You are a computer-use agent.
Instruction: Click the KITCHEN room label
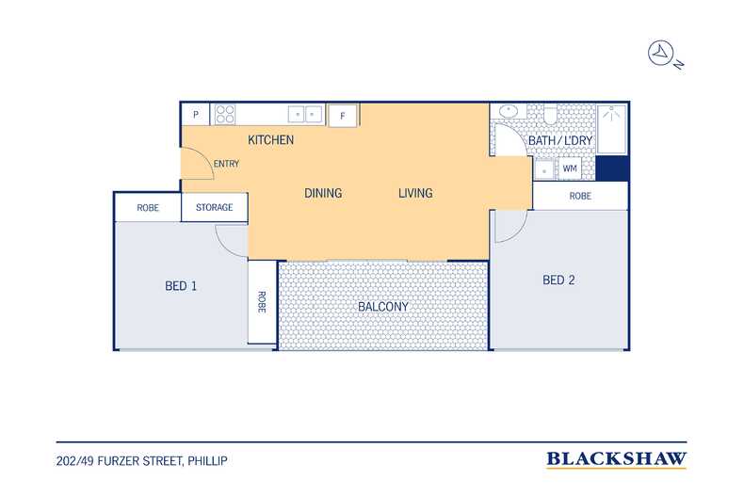pyautogui.click(x=271, y=140)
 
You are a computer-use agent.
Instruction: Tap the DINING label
pyautogui.click(x=323, y=193)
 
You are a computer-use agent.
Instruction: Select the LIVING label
pyautogui.click(x=415, y=193)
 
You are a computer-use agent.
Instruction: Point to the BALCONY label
pyautogui.click(x=383, y=306)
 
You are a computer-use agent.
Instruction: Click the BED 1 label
pyautogui.click(x=181, y=286)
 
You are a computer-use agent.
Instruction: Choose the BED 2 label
pyautogui.click(x=558, y=280)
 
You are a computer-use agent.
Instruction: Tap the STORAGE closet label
pyautogui.click(x=215, y=207)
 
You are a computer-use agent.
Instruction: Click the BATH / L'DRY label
pyautogui.click(x=560, y=140)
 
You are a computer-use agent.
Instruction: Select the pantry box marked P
pyautogui.click(x=196, y=115)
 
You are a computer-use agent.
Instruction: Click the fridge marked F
pyautogui.click(x=343, y=116)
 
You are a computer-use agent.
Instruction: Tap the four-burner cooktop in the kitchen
pyautogui.click(x=225, y=114)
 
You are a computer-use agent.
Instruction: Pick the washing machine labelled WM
pyautogui.click(x=570, y=168)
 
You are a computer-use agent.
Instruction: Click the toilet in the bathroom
pyautogui.click(x=550, y=114)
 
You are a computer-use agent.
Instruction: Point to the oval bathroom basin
pyautogui.click(x=509, y=111)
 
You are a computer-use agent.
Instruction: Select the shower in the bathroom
pyautogui.click(x=611, y=130)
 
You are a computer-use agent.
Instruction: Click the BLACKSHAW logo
pyautogui.click(x=616, y=459)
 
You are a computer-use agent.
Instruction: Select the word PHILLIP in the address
pyautogui.click(x=207, y=461)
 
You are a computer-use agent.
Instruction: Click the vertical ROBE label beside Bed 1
pyautogui.click(x=262, y=301)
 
